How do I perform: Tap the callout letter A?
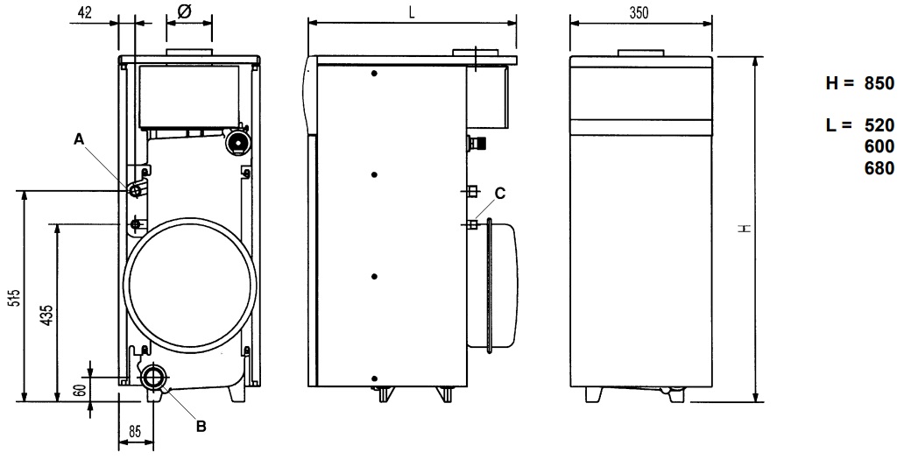click(x=79, y=138)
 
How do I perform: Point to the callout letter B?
click(x=201, y=427)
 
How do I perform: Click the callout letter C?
click(x=499, y=192)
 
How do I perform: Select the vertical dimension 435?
click(x=48, y=314)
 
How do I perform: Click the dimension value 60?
click(x=80, y=391)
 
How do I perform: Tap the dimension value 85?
click(x=133, y=431)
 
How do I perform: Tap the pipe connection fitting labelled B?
click(x=155, y=378)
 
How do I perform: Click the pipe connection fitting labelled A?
click(x=134, y=190)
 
